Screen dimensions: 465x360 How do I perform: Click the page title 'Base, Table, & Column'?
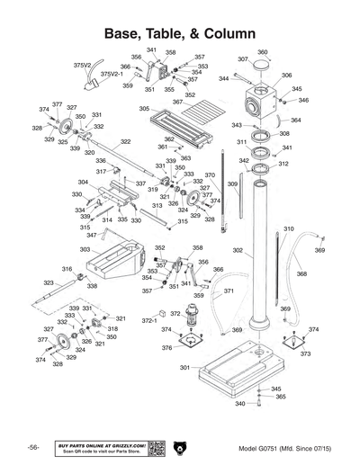click(180, 33)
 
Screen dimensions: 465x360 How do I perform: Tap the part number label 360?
click(263, 52)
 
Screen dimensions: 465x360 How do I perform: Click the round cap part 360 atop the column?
click(260, 66)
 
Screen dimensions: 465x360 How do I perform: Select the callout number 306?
click(286, 76)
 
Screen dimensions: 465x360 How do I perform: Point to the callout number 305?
click(144, 109)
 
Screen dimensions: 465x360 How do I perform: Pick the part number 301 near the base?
click(184, 368)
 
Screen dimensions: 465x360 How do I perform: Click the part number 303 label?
click(85, 249)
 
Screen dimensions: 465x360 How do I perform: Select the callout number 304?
click(83, 183)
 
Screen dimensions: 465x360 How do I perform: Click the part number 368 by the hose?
click(301, 273)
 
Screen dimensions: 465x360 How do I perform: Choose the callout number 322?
click(125, 141)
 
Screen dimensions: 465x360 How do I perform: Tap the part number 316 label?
click(67, 269)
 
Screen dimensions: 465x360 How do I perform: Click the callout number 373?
click(305, 353)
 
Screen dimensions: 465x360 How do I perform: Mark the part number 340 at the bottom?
click(240, 404)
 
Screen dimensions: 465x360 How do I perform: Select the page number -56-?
click(32, 448)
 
